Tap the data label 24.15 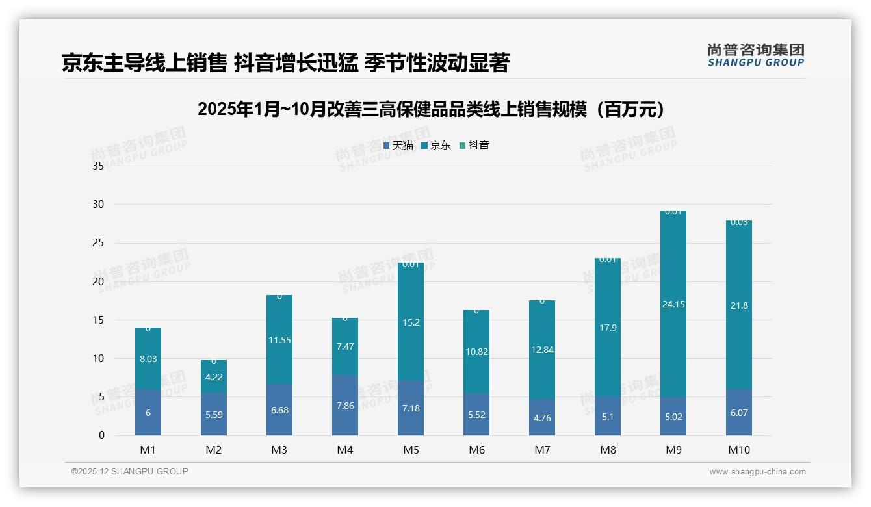(x=673, y=304)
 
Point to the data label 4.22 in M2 (x=214, y=377)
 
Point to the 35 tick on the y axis (x=98, y=166)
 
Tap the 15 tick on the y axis (x=98, y=320)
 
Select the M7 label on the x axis (x=542, y=450)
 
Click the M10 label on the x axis (x=739, y=450)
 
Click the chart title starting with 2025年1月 (x=434, y=109)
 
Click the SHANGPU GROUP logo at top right (x=755, y=55)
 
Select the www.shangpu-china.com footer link (x=757, y=472)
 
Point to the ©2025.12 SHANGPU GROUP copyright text (x=130, y=472)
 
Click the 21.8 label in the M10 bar (x=739, y=305)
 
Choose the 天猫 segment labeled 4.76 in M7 (x=542, y=418)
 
